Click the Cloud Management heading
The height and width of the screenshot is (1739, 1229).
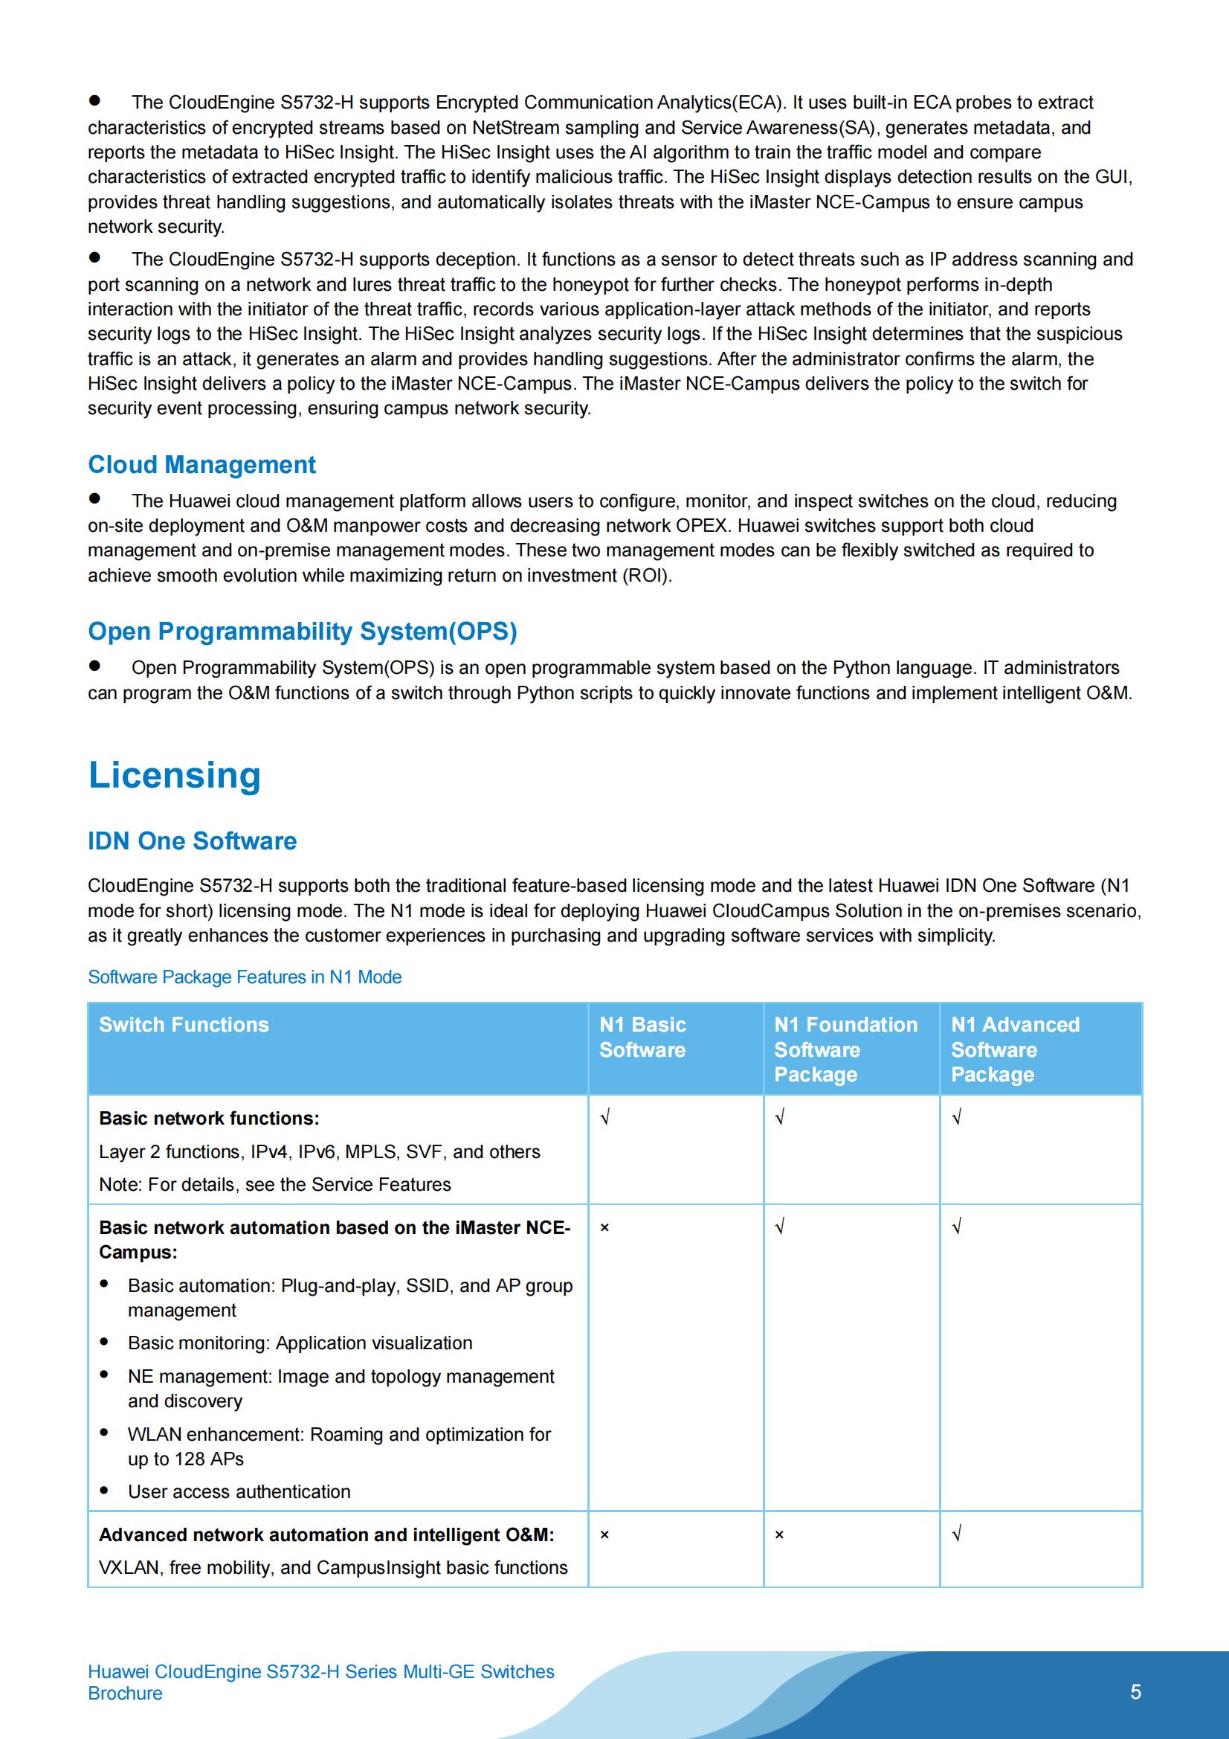201,464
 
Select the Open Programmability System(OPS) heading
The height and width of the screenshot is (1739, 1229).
302,631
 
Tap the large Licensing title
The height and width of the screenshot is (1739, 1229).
174,775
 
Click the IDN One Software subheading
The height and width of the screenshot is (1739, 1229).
192,840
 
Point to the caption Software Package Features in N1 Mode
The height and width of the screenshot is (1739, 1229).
245,977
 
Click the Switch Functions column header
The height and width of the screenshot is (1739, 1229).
184,1025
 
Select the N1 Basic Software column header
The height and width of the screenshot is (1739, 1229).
642,1037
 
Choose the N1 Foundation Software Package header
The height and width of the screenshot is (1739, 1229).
845,1049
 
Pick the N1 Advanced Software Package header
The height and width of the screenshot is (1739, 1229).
1015,1049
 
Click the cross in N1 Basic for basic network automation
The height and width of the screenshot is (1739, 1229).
604,1228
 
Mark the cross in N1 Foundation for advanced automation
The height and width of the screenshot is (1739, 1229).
779,1534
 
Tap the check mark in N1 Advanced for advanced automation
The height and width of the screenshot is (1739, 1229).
956,1534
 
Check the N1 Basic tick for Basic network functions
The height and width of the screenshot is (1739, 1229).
605,1117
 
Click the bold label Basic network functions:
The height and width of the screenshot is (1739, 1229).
209,1118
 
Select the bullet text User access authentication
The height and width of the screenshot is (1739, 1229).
239,1491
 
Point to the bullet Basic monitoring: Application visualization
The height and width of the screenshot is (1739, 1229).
300,1343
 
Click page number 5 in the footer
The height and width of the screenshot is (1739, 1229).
1135,1692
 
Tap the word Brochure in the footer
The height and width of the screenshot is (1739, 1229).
125,1694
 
